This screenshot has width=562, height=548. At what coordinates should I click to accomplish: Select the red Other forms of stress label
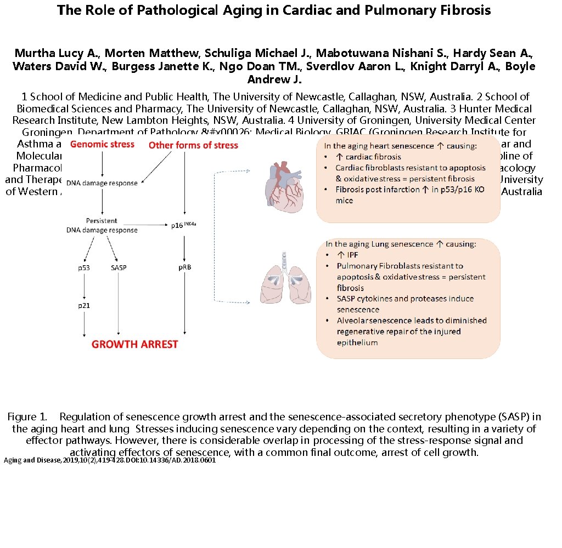tap(193, 145)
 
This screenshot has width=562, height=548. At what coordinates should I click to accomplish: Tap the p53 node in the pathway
tap(83, 268)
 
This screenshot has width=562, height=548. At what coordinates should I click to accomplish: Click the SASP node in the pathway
tap(119, 268)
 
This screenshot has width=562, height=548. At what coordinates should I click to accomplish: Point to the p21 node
tap(83, 305)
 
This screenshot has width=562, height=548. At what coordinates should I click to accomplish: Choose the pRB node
tap(184, 268)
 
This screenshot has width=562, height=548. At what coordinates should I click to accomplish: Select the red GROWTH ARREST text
tap(134, 345)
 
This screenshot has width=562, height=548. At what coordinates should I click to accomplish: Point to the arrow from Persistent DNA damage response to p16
tap(154, 225)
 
